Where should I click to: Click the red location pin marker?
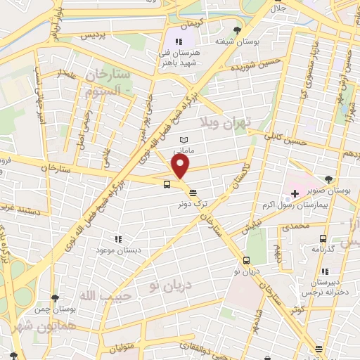pos(181,167)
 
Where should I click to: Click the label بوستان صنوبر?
pos(333,190)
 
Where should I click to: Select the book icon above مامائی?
pos(184,140)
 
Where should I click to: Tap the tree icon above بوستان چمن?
pos(56,299)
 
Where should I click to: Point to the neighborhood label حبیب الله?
pos(102,296)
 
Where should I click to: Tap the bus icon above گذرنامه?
pos(323,238)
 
